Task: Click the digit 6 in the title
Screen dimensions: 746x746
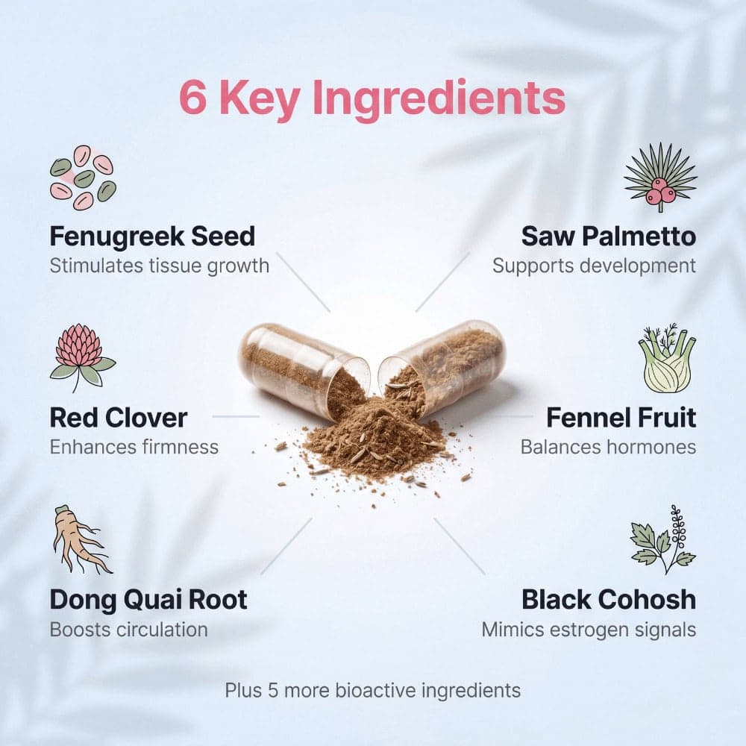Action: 193,97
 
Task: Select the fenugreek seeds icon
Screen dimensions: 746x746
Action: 83,178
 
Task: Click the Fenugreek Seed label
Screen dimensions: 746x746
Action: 152,236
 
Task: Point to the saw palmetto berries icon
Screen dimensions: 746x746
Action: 660,177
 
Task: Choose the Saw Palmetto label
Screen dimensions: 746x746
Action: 609,236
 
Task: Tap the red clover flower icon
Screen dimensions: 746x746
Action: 83,358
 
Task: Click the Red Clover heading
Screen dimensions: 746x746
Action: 118,418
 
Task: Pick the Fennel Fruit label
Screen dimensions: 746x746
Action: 621,418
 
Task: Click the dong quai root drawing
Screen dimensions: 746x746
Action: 81,539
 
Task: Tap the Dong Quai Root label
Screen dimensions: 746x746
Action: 148,600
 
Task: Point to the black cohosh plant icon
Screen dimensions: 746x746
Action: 663,539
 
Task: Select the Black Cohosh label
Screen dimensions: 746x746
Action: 609,600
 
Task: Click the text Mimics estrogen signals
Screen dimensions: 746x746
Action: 589,630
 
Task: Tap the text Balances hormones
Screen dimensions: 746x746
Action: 609,447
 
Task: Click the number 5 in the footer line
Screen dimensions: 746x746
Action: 272,690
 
